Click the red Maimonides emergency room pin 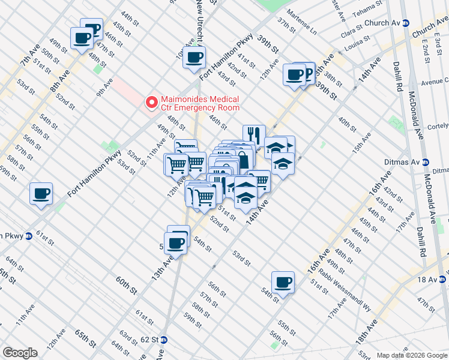coord(152,103)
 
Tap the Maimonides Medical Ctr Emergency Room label coord(199,103)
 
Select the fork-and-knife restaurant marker coord(254,135)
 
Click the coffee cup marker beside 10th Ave coord(194,58)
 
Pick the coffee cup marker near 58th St coord(41,193)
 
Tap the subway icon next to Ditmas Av coord(426,162)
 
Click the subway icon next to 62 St coord(164,340)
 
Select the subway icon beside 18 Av coord(442,279)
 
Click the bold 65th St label coord(86,338)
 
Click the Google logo coord(20,353)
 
